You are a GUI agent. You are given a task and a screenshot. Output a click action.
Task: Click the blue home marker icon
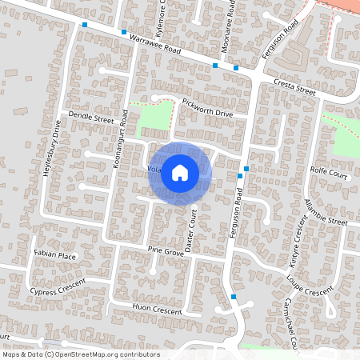180,172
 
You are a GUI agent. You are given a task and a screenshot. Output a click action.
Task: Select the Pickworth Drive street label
206,107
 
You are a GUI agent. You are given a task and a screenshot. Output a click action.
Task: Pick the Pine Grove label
166,250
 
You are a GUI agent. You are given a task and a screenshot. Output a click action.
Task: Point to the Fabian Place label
54,256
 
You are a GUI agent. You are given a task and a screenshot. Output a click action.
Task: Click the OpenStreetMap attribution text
80,354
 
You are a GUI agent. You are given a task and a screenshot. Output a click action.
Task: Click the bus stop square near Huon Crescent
234,297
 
